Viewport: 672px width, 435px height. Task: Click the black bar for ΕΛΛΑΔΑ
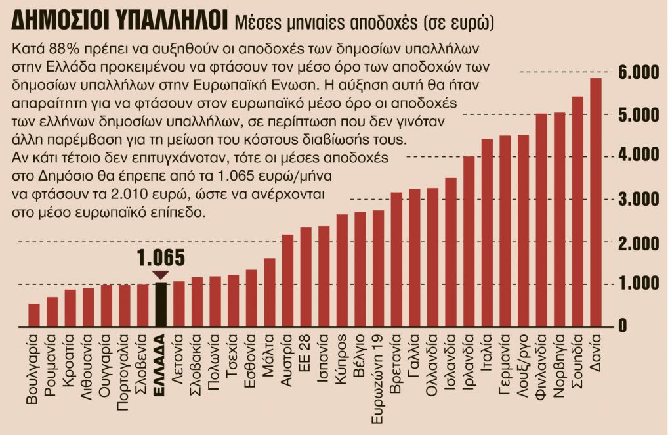[x=161, y=304]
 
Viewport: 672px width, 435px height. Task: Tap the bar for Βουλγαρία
[x=34, y=315]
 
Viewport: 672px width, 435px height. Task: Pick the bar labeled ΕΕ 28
[x=306, y=277]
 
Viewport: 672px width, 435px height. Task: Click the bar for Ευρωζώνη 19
[x=378, y=268]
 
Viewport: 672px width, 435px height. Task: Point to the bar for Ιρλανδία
[x=469, y=241]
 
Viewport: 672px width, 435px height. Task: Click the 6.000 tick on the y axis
[x=639, y=72]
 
